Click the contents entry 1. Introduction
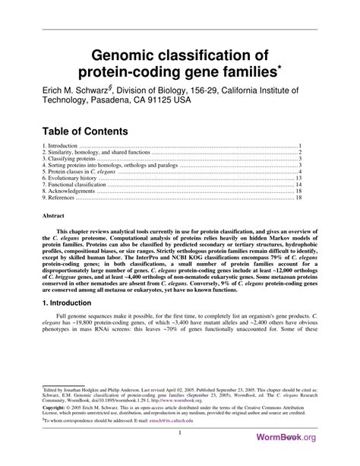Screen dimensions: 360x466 click(x=61, y=145)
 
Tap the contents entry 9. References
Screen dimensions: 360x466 click(x=60, y=198)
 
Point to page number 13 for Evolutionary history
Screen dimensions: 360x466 click(x=299, y=178)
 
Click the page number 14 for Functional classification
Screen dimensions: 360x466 click(x=299, y=185)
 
